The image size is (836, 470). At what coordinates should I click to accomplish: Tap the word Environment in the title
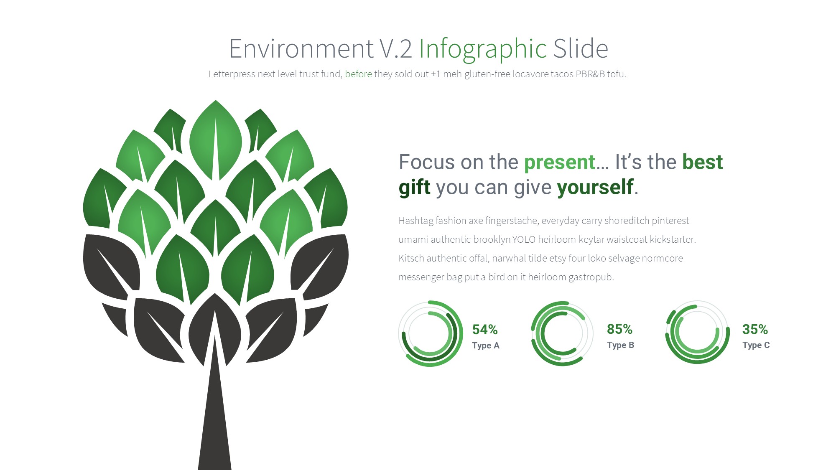coord(301,48)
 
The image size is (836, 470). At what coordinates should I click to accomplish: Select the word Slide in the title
coord(581,48)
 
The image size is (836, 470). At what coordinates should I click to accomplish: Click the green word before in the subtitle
coord(358,74)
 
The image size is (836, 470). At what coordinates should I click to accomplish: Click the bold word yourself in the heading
coord(595,187)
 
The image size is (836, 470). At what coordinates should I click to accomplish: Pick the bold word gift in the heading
coord(414,187)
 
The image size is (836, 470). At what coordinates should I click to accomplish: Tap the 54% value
coord(485,330)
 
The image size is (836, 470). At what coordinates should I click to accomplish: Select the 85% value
coord(619,329)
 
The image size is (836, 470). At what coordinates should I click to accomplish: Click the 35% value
coord(755,329)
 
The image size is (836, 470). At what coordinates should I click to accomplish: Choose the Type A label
coord(486,346)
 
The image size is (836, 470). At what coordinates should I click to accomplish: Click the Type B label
coord(620,345)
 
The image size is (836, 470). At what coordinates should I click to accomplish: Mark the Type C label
coord(756,345)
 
